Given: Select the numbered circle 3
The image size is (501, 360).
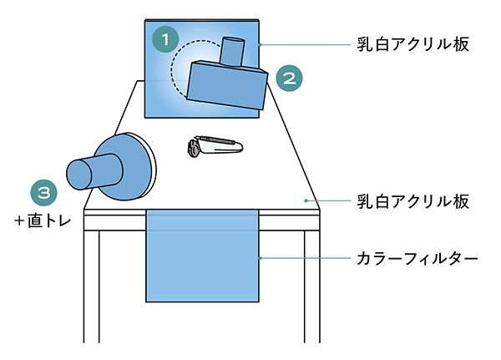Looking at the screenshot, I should point(44,192).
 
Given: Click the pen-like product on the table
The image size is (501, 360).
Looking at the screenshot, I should point(215,147).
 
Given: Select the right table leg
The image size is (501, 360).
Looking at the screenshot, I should point(311,284).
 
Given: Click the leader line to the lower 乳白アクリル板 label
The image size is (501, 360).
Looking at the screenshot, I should point(330,200).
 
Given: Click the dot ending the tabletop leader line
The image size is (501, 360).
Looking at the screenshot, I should point(306,200).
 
